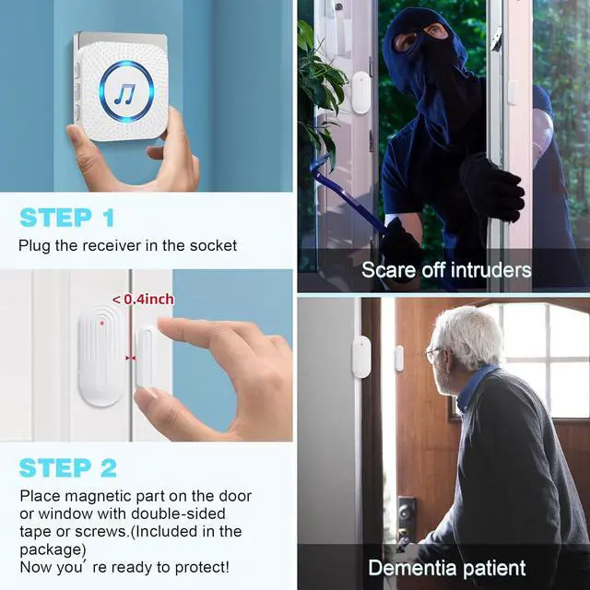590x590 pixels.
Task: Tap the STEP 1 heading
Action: coord(67,218)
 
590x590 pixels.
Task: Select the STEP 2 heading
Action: coord(69,467)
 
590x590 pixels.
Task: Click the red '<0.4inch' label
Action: coord(143,299)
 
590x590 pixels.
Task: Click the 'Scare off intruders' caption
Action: coord(446,270)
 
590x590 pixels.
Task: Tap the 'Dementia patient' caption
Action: coord(447,567)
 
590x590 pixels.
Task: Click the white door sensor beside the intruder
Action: coord(360,92)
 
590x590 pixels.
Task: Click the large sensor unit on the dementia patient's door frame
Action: coord(360,357)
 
